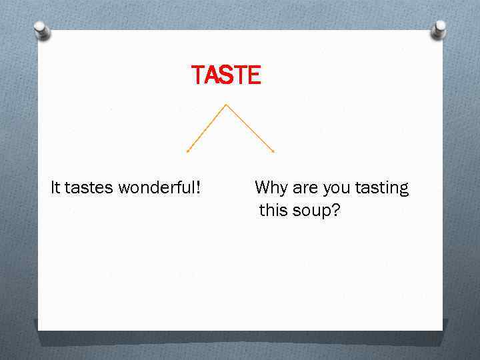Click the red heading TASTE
pos(226,75)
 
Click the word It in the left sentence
pos(55,188)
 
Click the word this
pos(273,211)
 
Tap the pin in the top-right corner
pos(439,28)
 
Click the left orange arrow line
pos(207,127)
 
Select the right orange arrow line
pos(250,127)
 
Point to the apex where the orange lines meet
pos(227,104)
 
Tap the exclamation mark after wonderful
pos(198,188)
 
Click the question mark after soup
pos(336,211)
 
